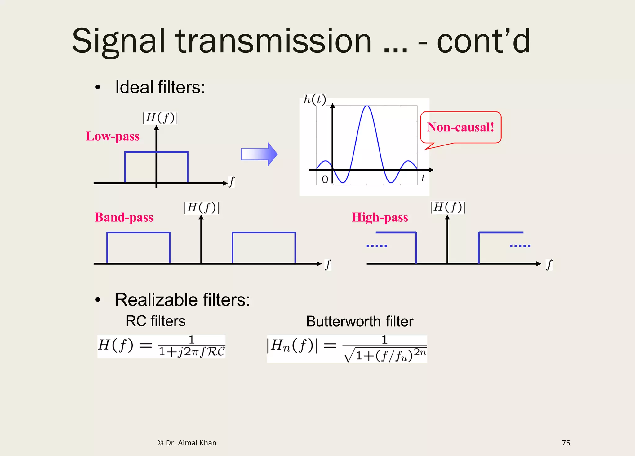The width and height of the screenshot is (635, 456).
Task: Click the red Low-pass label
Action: pyautogui.click(x=113, y=137)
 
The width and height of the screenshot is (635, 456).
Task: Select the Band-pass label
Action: pyautogui.click(x=124, y=217)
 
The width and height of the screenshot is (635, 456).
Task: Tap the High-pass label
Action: pyautogui.click(x=380, y=217)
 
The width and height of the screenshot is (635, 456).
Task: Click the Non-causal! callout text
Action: pyautogui.click(x=460, y=127)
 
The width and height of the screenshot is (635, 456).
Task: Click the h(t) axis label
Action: pyautogui.click(x=315, y=99)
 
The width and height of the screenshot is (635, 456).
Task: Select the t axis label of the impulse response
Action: pyautogui.click(x=423, y=178)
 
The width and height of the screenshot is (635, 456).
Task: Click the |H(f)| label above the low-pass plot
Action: pyautogui.click(x=160, y=118)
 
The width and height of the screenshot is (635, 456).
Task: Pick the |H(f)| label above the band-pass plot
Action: pyautogui.click(x=202, y=207)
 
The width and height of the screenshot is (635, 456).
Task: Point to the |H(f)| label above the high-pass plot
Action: pyautogui.click(x=448, y=207)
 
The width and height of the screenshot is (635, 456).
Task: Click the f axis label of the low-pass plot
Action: pyautogui.click(x=231, y=182)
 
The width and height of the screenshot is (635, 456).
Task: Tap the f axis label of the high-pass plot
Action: pyautogui.click(x=549, y=265)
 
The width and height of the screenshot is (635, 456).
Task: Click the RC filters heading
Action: pyautogui.click(x=155, y=321)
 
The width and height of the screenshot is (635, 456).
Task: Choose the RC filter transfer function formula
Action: pyautogui.click(x=161, y=346)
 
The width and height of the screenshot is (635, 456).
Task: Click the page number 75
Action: pyautogui.click(x=566, y=443)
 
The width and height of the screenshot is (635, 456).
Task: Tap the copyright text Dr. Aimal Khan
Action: pyautogui.click(x=187, y=443)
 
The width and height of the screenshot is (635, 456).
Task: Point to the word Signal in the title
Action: pyautogui.click(x=118, y=41)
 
